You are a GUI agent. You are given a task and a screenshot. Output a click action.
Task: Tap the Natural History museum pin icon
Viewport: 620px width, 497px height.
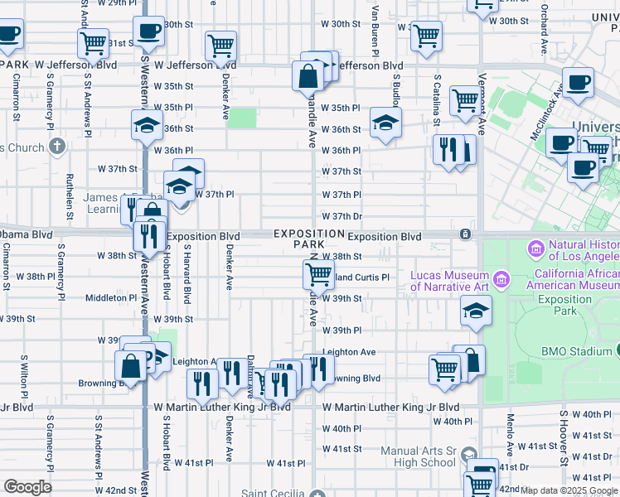pos(535,248)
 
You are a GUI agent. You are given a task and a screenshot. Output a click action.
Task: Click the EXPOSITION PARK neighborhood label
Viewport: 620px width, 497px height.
pos(309,239)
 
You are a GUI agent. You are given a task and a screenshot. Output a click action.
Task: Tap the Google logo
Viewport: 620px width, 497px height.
pos(27,487)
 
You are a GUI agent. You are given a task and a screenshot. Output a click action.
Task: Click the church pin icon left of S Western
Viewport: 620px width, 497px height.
pos(56,147)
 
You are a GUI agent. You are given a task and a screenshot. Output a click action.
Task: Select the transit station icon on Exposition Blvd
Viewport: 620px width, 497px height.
pos(467,236)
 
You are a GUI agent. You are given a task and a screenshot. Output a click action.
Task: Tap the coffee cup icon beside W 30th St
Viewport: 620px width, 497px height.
pos(149,31)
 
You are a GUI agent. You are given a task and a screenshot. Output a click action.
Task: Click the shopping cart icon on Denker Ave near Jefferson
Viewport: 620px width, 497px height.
pos(221,45)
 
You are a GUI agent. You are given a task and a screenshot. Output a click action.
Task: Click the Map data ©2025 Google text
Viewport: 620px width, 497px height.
pos(569,490)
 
